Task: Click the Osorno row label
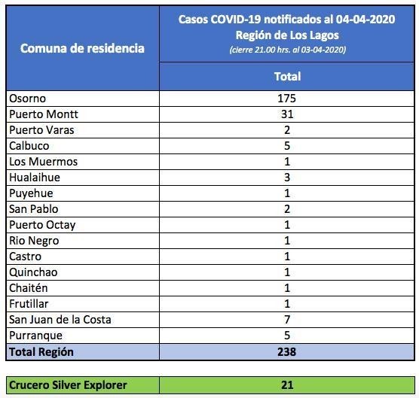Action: click(28, 99)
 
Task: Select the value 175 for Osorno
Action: click(286, 99)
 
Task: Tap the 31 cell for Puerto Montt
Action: click(287, 114)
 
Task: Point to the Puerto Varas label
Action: click(41, 130)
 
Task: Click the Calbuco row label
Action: click(29, 146)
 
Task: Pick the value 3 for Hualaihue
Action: click(287, 178)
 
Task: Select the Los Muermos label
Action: click(43, 162)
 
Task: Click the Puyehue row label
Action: click(31, 193)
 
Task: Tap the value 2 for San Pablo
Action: click(287, 209)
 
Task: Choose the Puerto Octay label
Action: click(42, 225)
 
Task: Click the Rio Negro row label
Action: click(34, 241)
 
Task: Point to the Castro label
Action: click(25, 257)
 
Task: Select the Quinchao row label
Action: click(33, 272)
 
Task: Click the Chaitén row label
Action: click(29, 288)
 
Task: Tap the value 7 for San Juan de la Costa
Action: click(287, 320)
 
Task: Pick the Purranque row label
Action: click(35, 336)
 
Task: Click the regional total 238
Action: click(286, 352)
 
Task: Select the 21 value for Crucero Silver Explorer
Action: click(287, 385)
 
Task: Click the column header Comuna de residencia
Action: click(82, 48)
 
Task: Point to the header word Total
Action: click(288, 77)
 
